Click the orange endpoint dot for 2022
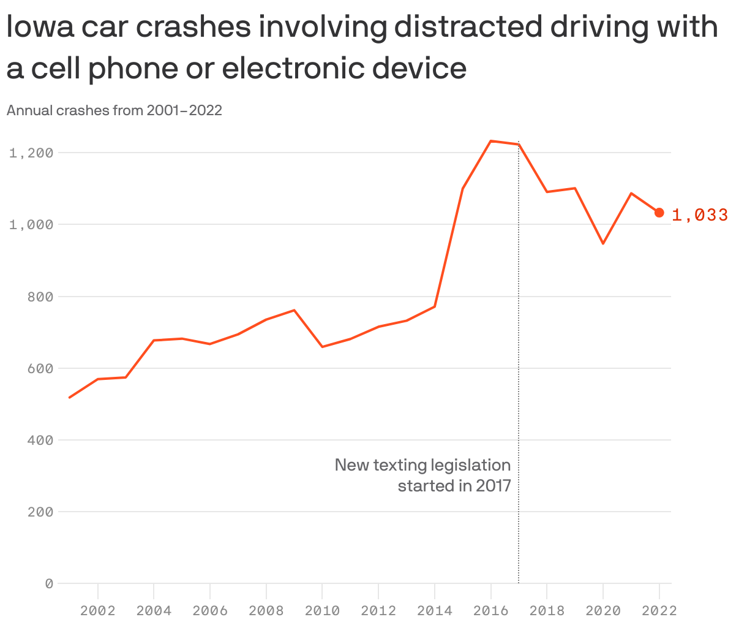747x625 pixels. point(659,213)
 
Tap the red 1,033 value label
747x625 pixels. point(700,214)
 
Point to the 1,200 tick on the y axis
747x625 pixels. point(31,153)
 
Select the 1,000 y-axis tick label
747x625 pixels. point(31,224)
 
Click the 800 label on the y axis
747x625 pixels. point(40,297)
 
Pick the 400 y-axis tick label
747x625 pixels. point(40,440)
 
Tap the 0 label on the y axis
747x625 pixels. point(49,583)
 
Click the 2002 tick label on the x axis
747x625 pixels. point(98,610)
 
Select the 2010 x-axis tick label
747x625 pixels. point(322,610)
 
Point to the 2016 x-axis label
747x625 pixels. point(491,610)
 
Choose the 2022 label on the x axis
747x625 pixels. point(659,610)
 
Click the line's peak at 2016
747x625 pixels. point(491,141)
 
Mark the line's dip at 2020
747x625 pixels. point(603,243)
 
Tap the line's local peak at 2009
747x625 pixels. point(295,310)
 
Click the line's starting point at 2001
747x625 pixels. point(70,398)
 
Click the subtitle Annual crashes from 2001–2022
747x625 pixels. point(114,110)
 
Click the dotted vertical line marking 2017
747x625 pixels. point(519,368)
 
